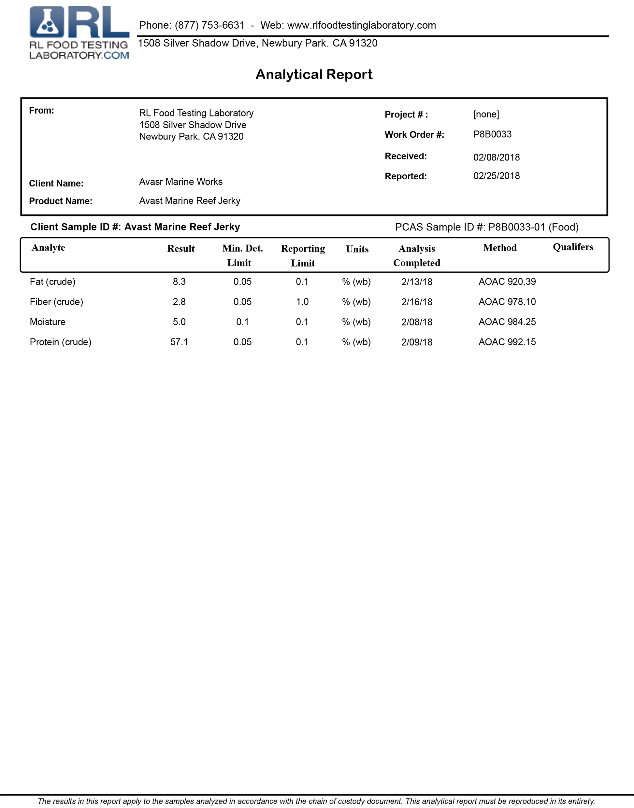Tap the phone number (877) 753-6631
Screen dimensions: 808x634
[x=210, y=25]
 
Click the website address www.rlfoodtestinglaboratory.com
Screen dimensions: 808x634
[x=362, y=25]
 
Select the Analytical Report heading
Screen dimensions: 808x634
[x=314, y=75]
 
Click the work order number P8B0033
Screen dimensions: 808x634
[x=492, y=134]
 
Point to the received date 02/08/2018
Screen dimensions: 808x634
[x=496, y=157]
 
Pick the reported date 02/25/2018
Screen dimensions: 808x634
[x=496, y=176]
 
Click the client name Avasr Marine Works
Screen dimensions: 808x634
[x=181, y=182]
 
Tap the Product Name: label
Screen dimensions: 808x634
[x=61, y=201]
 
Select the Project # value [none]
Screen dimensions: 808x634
[x=486, y=114]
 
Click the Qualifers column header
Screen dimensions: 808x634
[x=573, y=247]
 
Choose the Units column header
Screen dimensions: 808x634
[x=357, y=249]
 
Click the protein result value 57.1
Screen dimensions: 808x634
[x=179, y=342]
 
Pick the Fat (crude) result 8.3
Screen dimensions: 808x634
[x=179, y=282]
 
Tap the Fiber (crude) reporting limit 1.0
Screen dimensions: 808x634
[x=302, y=302]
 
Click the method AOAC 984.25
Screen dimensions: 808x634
[x=507, y=322]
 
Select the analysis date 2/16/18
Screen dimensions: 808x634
[x=417, y=302]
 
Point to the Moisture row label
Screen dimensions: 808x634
[x=48, y=322]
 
